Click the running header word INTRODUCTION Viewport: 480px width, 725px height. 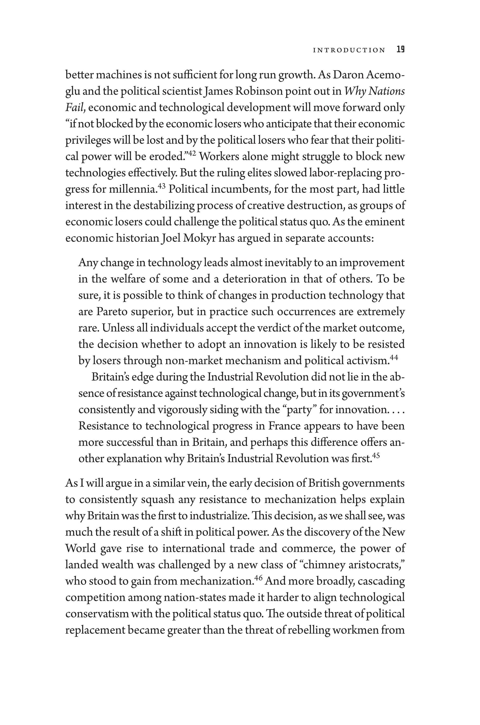point(349,50)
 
